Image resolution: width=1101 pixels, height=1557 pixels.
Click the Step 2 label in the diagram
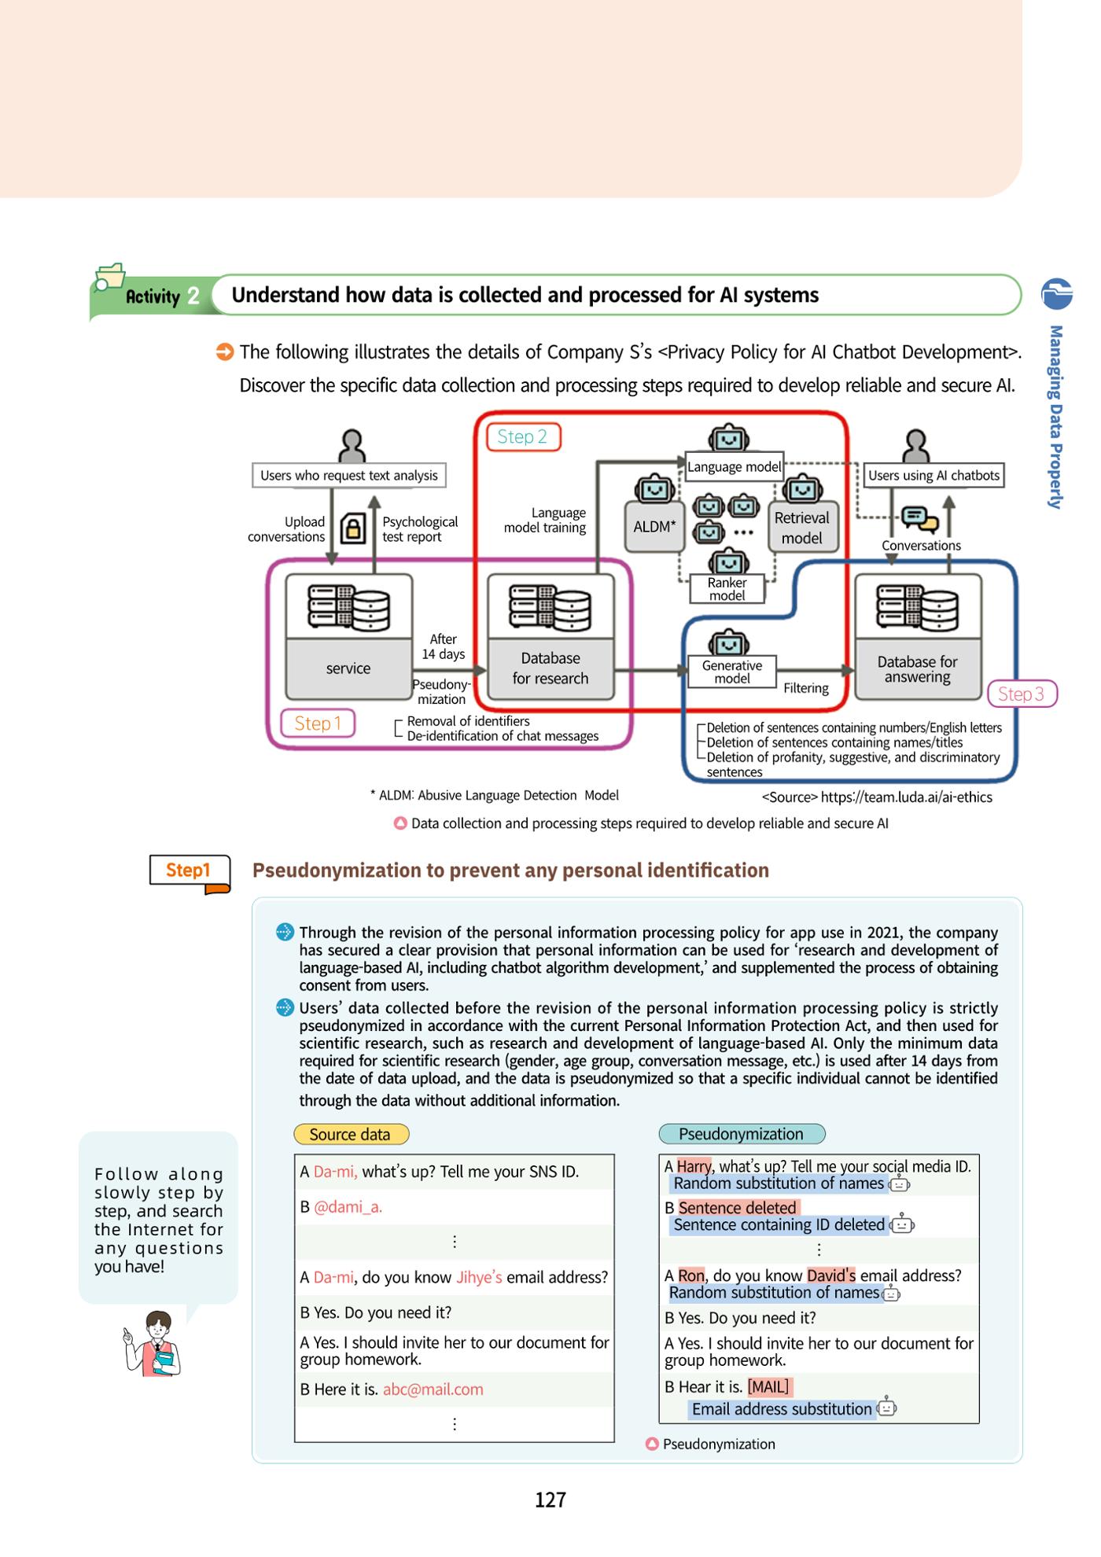tap(523, 436)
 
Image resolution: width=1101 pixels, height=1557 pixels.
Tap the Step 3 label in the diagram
tap(1022, 694)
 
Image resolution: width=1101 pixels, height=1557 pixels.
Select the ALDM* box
tap(654, 527)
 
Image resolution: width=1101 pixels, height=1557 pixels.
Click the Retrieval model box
tap(801, 528)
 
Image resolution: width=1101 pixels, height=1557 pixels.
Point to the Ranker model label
tap(727, 589)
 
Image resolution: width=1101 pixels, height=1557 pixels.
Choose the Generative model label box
tap(732, 672)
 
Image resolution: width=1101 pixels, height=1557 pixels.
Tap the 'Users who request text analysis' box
tap(349, 476)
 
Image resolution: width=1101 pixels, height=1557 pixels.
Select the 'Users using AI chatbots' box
tap(933, 475)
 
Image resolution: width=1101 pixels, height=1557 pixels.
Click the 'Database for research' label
tap(550, 668)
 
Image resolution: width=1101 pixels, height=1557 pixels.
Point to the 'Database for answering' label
tap(918, 669)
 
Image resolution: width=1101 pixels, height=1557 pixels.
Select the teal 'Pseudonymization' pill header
tap(742, 1134)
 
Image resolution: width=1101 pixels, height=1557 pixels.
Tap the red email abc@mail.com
tap(433, 1390)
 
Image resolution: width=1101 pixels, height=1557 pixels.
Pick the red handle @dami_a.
tap(348, 1207)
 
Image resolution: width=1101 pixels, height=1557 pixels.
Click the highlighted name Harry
tap(694, 1166)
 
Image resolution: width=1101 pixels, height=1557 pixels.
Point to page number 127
tap(550, 1500)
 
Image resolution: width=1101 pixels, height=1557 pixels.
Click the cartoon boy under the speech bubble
tap(154, 1344)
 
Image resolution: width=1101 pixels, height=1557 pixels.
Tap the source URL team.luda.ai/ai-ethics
tap(907, 797)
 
